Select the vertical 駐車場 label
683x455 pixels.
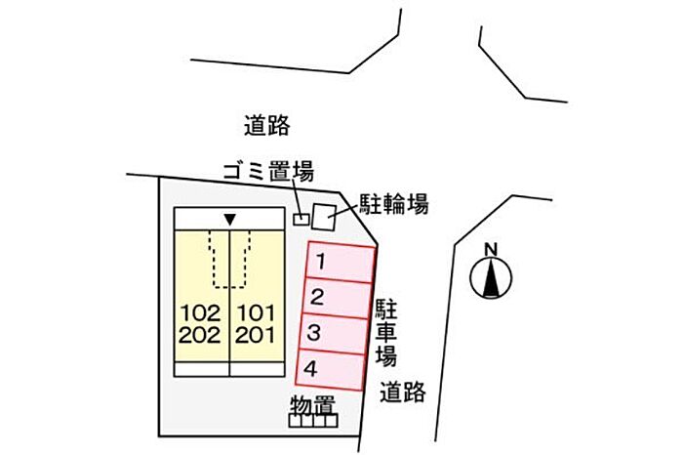[386, 330]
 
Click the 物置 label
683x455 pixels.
[312, 403]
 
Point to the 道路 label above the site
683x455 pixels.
[267, 125]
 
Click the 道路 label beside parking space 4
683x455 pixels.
[403, 392]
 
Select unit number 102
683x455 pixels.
[201, 314]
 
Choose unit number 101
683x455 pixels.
[257, 314]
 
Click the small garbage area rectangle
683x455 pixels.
[301, 217]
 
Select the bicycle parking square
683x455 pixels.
[323, 215]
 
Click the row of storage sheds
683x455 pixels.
[312, 421]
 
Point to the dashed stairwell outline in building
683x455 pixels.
[229, 259]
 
